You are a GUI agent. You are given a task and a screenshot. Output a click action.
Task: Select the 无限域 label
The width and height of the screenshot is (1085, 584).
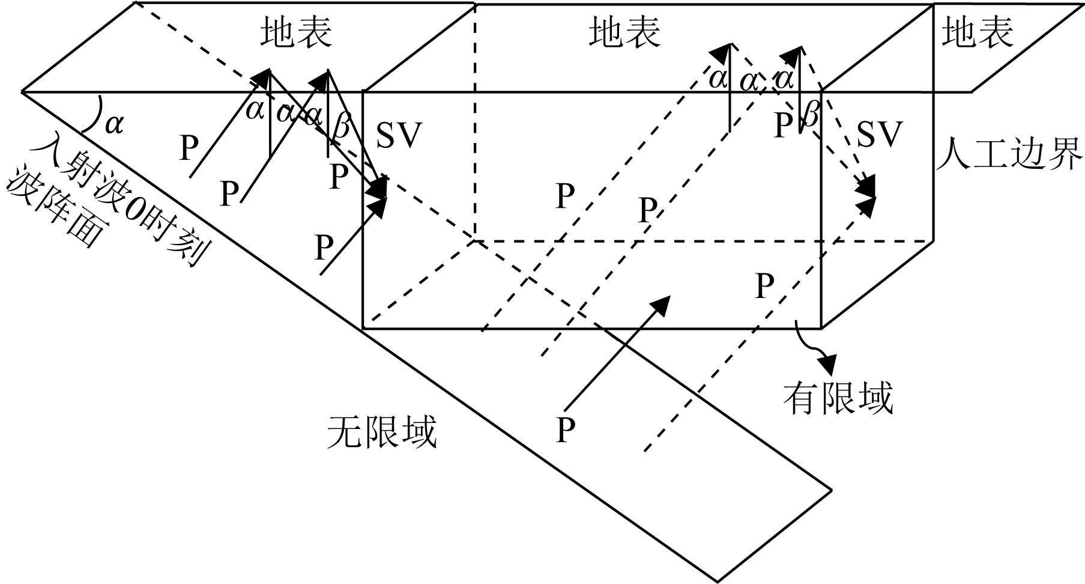click(x=382, y=431)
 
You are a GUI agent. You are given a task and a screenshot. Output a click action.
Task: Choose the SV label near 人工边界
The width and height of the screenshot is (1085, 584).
click(x=880, y=135)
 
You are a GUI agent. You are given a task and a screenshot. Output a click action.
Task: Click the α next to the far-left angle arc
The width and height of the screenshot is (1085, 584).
click(x=113, y=124)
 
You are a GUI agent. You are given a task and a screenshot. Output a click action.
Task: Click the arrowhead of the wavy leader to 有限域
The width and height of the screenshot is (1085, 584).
click(x=828, y=362)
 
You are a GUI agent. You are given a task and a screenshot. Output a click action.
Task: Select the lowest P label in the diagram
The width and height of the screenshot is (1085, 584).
click(x=565, y=429)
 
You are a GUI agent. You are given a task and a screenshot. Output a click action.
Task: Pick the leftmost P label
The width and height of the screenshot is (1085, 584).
click(x=190, y=148)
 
